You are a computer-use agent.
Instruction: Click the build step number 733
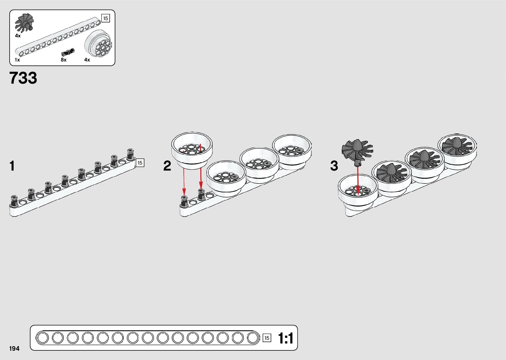click(x=23, y=78)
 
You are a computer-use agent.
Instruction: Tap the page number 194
click(x=14, y=348)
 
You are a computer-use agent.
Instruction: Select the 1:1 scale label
click(x=285, y=338)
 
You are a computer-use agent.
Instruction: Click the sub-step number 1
click(x=12, y=166)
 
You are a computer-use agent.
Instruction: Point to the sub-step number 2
click(x=167, y=166)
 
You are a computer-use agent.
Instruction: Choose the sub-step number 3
click(x=334, y=166)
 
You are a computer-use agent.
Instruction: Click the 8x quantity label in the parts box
click(x=63, y=60)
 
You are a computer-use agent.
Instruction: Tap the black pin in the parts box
click(x=68, y=52)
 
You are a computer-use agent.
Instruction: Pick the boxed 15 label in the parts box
click(x=105, y=19)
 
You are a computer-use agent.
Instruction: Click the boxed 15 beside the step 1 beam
click(x=140, y=163)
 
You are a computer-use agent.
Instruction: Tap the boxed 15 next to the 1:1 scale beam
click(x=267, y=338)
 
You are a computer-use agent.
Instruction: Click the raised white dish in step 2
click(x=192, y=150)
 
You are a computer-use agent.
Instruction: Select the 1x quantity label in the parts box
click(x=18, y=60)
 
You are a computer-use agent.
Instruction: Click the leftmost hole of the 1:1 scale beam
click(x=42, y=338)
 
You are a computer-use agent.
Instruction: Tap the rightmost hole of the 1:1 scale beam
click(x=253, y=338)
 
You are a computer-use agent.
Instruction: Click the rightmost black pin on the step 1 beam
click(x=130, y=154)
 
